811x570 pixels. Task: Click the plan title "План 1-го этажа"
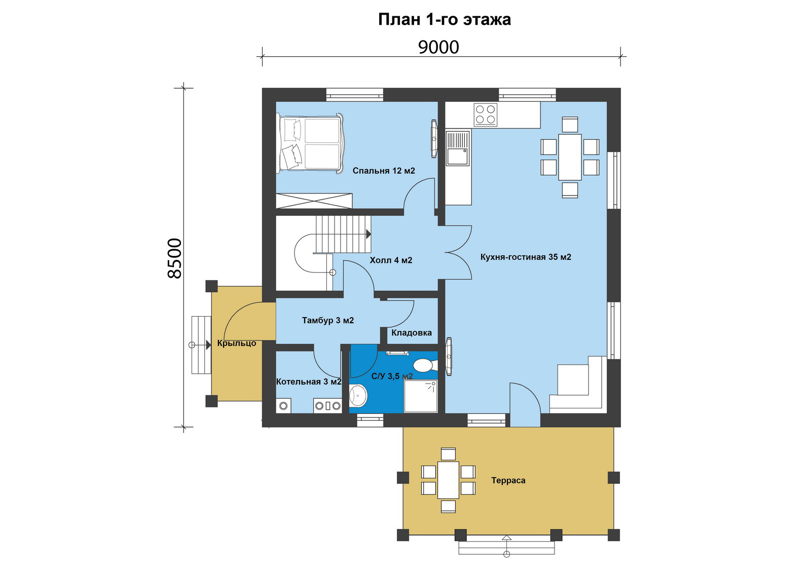(444, 19)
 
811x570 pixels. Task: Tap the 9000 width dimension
(438, 47)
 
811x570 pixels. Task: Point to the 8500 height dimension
(174, 258)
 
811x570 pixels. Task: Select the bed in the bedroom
(310, 143)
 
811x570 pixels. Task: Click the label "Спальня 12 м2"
(384, 170)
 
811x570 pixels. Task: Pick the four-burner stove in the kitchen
(486, 115)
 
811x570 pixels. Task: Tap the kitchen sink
(458, 148)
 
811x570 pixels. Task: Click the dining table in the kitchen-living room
(570, 157)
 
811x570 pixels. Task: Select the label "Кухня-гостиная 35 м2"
(526, 257)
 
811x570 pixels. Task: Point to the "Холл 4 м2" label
(391, 260)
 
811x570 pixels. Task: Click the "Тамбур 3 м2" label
(327, 320)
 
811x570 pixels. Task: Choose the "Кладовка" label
(411, 332)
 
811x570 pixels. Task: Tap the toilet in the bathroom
(424, 365)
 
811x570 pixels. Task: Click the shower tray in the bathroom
(421, 396)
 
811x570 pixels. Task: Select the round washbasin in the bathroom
(358, 395)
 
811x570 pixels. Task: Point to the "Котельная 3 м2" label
(309, 382)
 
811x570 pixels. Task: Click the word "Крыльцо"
(236, 343)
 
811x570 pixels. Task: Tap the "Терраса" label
(508, 480)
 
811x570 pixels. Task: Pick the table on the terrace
(448, 480)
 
